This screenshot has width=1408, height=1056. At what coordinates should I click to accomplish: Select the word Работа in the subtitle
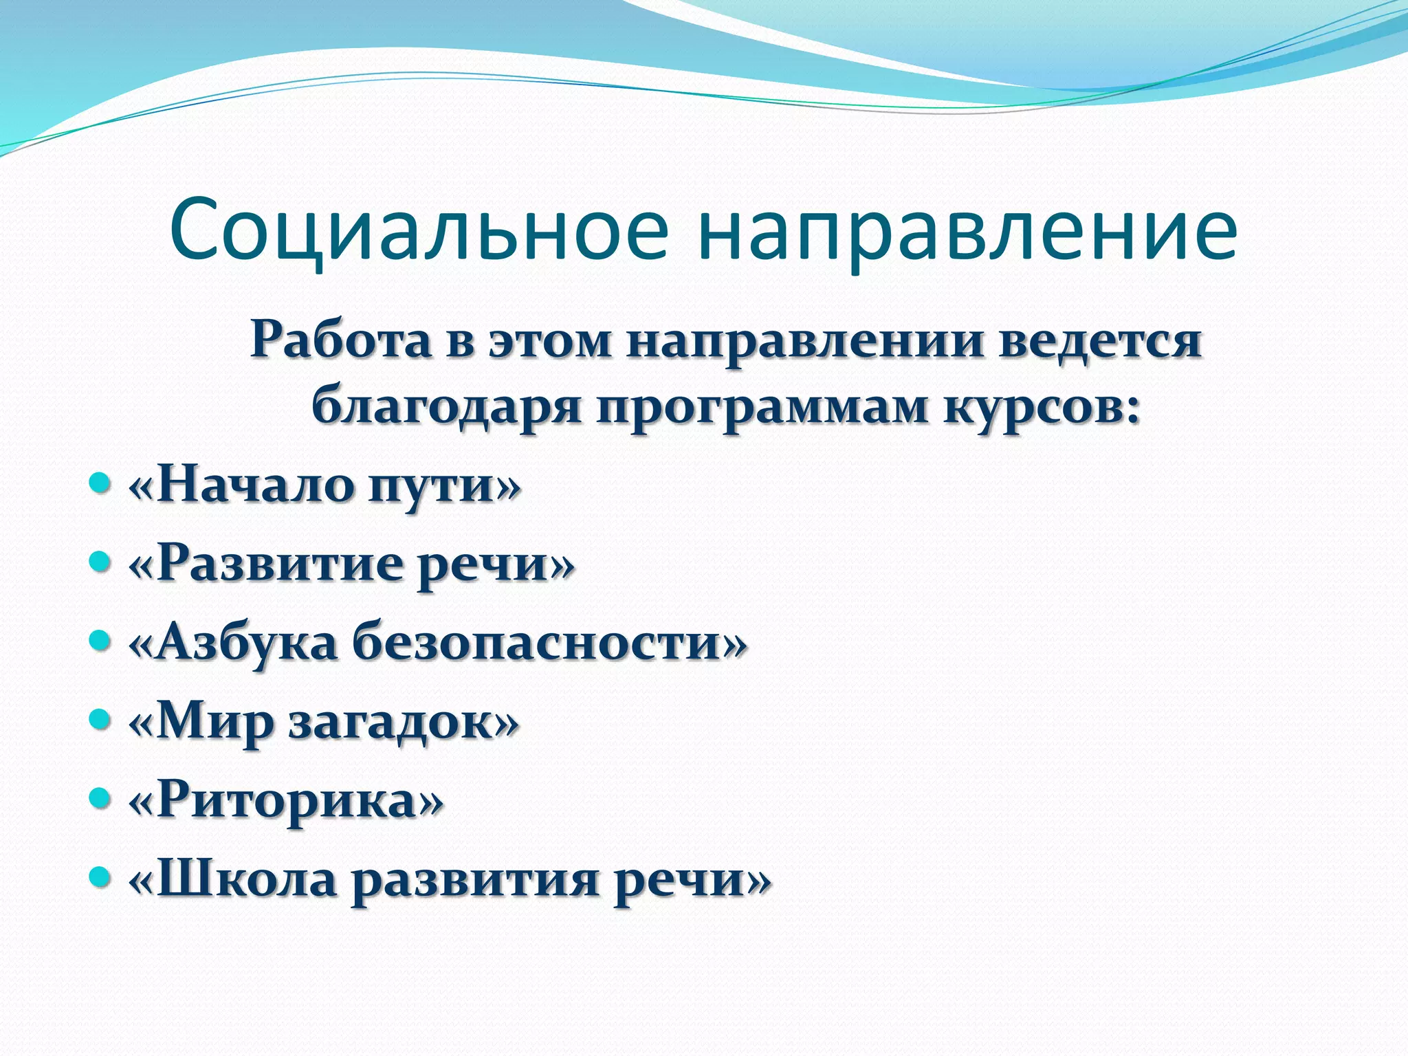click(341, 340)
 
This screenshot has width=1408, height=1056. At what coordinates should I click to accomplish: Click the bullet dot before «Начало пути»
click(100, 484)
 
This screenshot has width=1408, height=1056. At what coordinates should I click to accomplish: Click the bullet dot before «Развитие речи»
click(100, 563)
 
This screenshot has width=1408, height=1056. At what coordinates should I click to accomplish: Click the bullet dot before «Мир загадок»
click(100, 720)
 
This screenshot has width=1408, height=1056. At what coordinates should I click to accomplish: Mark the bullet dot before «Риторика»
click(100, 800)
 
